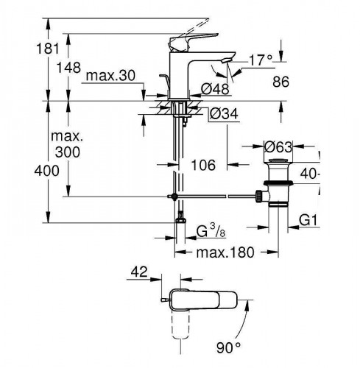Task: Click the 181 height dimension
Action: coord(48,49)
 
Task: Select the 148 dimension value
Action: coord(68,67)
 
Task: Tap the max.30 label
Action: coord(110,76)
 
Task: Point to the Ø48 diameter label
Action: coord(215,88)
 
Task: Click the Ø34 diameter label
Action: coord(224,113)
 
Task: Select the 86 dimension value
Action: coord(281,82)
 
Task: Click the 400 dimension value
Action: coord(46,171)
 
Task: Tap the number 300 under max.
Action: coord(68,152)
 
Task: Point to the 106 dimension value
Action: coord(203,165)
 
